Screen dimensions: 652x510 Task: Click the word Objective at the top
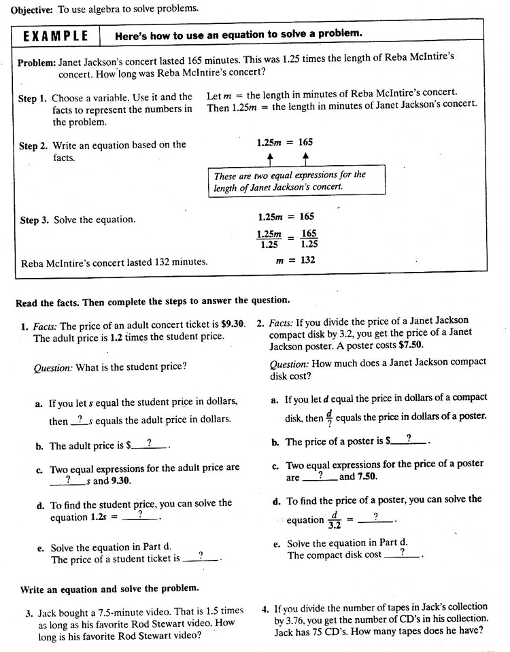pyautogui.click(x=29, y=8)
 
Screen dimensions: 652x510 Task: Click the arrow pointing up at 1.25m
pyautogui.click(x=270, y=158)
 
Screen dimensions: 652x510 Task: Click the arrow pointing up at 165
pyautogui.click(x=305, y=158)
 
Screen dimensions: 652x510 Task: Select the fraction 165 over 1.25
pyautogui.click(x=309, y=239)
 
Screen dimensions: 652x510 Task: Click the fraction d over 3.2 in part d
pyautogui.click(x=334, y=520)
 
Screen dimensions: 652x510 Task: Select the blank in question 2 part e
pyautogui.click(x=403, y=553)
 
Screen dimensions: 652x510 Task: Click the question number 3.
pyautogui.click(x=29, y=613)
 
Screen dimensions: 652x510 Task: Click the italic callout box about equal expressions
pyautogui.click(x=296, y=181)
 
